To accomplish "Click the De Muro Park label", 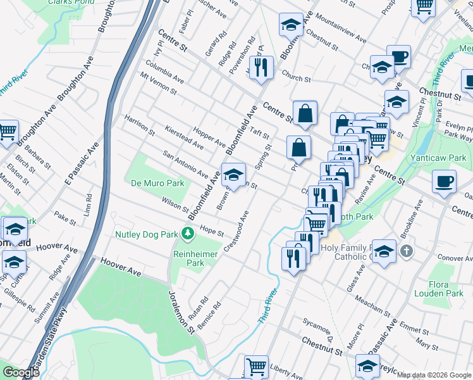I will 157,183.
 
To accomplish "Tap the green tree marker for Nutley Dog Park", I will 188,234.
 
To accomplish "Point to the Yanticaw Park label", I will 447,158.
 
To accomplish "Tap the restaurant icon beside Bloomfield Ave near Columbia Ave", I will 261,66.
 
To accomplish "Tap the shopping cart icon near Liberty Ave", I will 256,365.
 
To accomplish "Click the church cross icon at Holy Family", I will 406,251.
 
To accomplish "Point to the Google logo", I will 21,372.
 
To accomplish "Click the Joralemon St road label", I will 181,313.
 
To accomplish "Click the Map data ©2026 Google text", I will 434,375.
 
